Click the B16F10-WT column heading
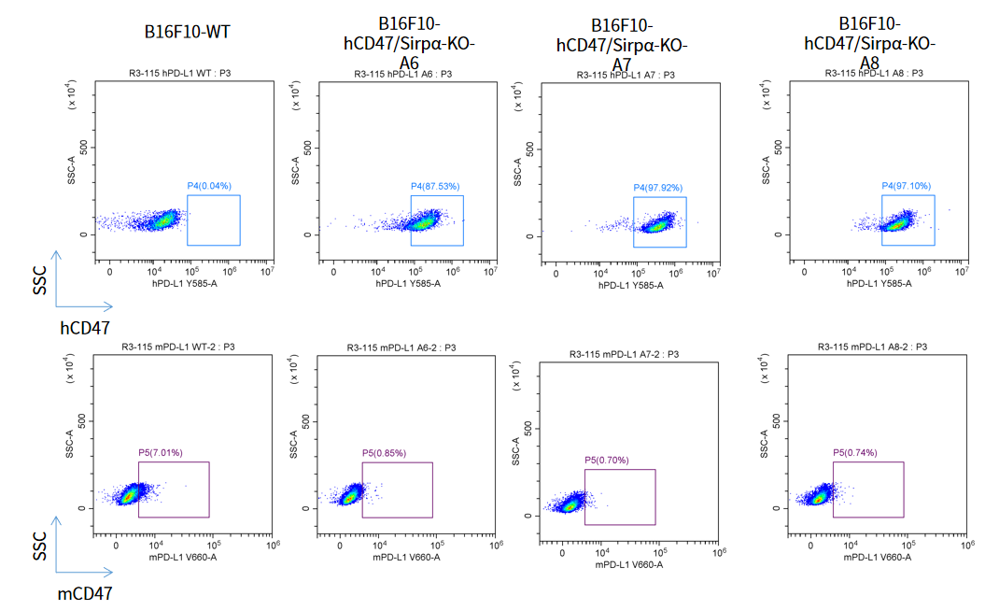point(187,32)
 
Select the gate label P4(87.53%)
point(435,186)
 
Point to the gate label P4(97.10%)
point(906,186)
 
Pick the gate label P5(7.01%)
point(161,453)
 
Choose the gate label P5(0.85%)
point(384,453)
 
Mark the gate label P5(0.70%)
point(607,460)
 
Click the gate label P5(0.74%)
point(855,453)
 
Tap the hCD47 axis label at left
point(85,328)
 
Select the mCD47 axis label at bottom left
point(85,592)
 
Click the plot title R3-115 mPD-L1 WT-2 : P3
point(177,348)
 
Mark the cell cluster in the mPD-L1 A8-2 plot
point(820,496)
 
